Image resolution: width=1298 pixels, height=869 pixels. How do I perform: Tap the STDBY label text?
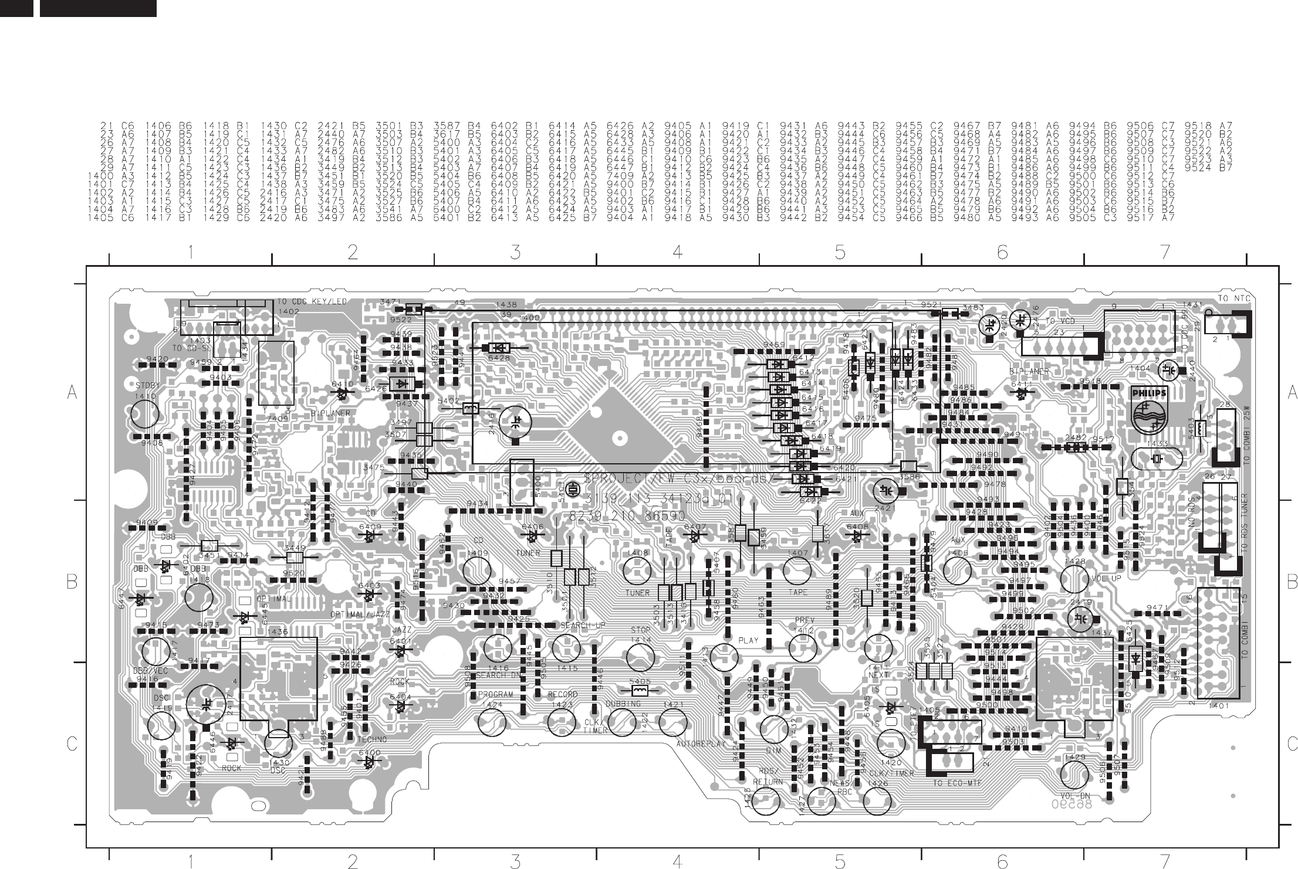pyautogui.click(x=146, y=386)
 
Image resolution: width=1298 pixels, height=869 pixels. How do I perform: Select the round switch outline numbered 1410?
pyautogui.click(x=145, y=414)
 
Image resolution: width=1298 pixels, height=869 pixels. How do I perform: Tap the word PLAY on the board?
pyautogui.click(x=748, y=641)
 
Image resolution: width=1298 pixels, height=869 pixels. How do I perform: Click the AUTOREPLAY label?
pyautogui.click(x=702, y=744)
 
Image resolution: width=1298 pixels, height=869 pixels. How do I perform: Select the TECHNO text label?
pyautogui.click(x=371, y=740)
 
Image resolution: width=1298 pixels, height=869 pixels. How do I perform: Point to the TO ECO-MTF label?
pyautogui.click(x=957, y=783)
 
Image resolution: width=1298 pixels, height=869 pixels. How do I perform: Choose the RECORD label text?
pyautogui.click(x=562, y=694)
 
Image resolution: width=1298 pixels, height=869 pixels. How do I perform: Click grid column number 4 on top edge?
pyautogui.click(x=677, y=252)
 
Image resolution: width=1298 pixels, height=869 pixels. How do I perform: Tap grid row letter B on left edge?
pyautogui.click(x=72, y=582)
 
